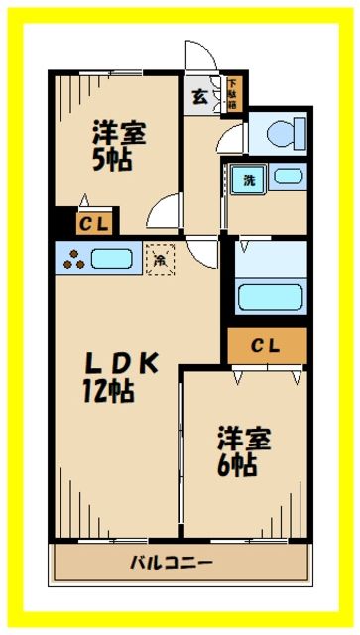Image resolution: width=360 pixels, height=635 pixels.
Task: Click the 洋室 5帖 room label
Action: [x=119, y=145]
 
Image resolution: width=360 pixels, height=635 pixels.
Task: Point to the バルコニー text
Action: [x=171, y=563]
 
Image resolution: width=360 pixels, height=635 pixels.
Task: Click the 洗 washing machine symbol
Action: [x=243, y=181]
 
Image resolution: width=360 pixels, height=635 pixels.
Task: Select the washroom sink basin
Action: [x=288, y=177]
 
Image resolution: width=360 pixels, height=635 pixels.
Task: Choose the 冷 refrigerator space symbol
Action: [x=159, y=259]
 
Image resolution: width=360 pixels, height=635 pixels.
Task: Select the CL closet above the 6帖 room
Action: [x=265, y=346]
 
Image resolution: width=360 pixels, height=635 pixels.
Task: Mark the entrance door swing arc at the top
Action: [x=197, y=55]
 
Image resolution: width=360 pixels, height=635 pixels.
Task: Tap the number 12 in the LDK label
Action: [x=95, y=390]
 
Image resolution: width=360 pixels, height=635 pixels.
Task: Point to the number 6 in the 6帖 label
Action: [x=230, y=464]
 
